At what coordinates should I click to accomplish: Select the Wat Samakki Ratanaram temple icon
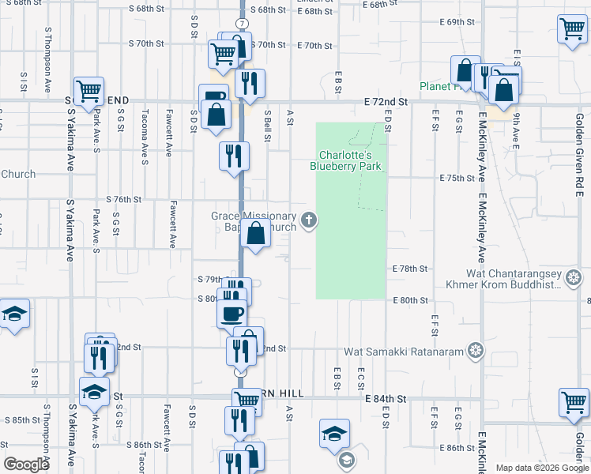[x=474, y=349]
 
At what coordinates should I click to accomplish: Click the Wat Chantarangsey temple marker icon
[x=574, y=277]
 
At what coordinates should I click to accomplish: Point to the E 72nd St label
[x=386, y=103]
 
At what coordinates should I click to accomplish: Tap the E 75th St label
[x=457, y=179]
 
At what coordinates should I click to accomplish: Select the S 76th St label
[x=123, y=200]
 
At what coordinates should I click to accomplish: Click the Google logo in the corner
[x=26, y=465]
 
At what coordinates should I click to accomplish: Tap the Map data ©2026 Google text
[x=541, y=468]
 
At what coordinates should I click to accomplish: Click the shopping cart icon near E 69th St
[x=571, y=30]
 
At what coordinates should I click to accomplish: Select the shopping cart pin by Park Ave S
[x=89, y=90]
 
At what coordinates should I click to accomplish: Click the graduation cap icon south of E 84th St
[x=334, y=433]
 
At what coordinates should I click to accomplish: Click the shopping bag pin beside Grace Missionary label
[x=256, y=234]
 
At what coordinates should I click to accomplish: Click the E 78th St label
[x=410, y=269]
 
